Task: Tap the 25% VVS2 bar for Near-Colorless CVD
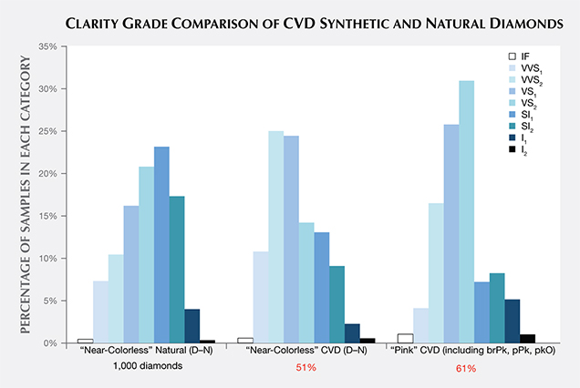tap(275, 237)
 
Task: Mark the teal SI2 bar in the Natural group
tap(177, 269)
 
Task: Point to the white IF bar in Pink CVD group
tap(405, 338)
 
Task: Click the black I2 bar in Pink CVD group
tap(527, 338)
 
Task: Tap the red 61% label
tap(465, 367)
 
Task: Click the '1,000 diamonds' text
tap(146, 366)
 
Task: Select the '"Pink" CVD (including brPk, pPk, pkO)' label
tap(466, 351)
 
